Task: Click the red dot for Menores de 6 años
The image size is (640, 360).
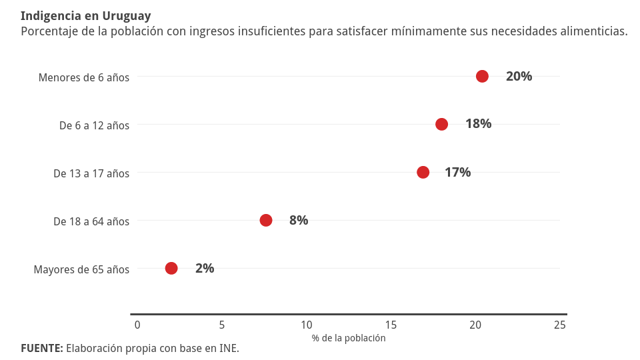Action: tap(482, 76)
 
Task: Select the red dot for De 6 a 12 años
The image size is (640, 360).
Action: tap(441, 124)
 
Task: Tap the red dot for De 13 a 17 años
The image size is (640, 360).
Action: tap(423, 172)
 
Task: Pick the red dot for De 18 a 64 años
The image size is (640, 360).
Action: tap(266, 220)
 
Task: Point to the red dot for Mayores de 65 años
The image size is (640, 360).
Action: tap(171, 268)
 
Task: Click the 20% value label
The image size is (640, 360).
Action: tap(519, 76)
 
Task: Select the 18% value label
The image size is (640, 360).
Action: tap(478, 124)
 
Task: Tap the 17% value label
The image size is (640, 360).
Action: tap(457, 172)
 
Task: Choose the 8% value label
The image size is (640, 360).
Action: tap(299, 220)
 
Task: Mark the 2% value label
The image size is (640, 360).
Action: tap(205, 268)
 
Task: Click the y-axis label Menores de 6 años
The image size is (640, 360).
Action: tap(84, 77)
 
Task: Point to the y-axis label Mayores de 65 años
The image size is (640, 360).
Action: tap(81, 269)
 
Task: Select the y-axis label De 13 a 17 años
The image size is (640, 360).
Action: tap(91, 173)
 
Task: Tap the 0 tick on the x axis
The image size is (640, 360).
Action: tap(137, 325)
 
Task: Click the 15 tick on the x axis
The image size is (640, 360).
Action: tap(391, 325)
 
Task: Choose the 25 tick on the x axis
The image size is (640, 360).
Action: tap(560, 325)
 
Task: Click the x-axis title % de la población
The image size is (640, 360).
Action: tap(349, 338)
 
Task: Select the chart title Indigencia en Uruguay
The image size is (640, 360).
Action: tap(86, 16)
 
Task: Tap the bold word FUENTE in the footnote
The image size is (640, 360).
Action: tap(41, 348)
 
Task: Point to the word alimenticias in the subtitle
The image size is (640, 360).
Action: tap(591, 31)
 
